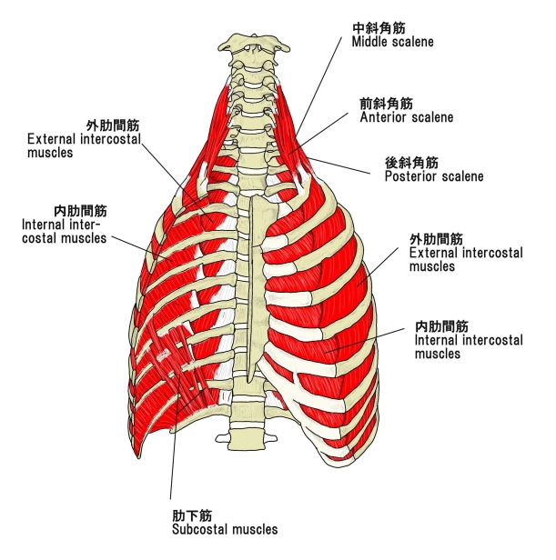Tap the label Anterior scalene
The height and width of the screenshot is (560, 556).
pyautogui.click(x=406, y=117)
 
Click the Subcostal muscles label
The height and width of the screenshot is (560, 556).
pyautogui.click(x=225, y=528)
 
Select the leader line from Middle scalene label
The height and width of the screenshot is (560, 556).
pyautogui.click(x=323, y=91)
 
